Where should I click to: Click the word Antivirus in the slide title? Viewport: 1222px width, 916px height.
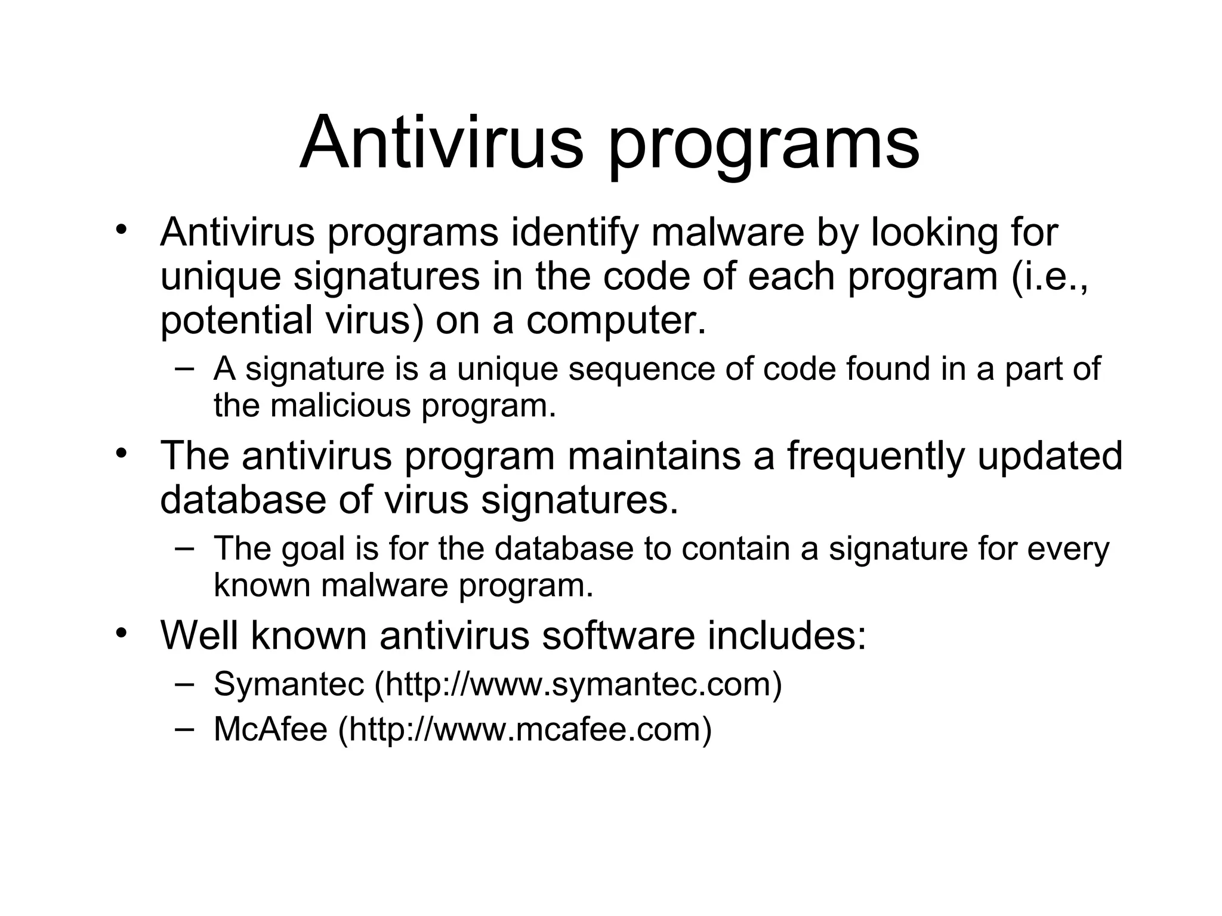(x=441, y=143)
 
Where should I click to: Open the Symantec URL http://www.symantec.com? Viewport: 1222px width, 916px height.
(x=578, y=684)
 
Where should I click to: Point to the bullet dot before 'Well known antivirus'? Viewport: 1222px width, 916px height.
(x=122, y=632)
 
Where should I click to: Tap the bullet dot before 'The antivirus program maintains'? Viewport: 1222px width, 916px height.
(x=122, y=453)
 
